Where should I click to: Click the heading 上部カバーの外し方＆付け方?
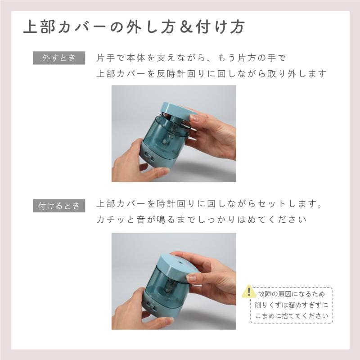pos(134,27)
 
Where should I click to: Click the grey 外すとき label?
pos(59,58)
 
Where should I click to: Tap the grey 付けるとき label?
pos(59,206)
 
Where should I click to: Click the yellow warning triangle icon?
pos(248,292)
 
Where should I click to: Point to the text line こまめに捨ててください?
pos(290,315)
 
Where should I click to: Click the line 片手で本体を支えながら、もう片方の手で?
pos(191,58)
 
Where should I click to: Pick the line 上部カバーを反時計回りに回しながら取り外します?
pos(211,73)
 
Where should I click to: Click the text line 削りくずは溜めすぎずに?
pos(290,304)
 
